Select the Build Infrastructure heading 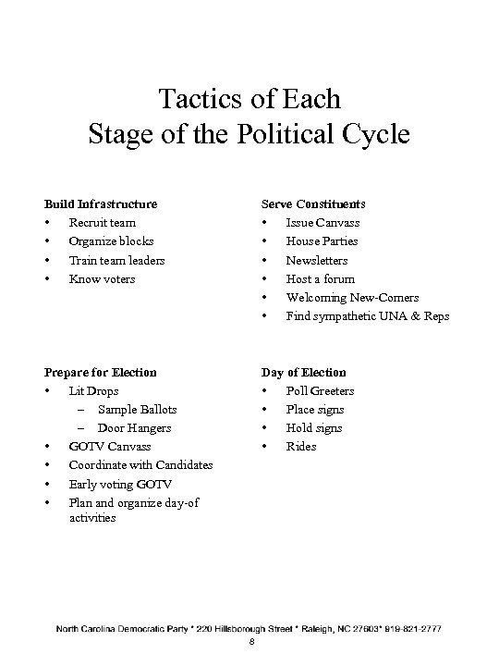click(101, 203)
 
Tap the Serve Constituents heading click(313, 203)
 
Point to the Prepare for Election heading click(101, 372)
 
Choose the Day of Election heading click(304, 372)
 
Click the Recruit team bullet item click(102, 223)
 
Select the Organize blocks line click(111, 241)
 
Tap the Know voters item click(102, 278)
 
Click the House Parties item click(322, 241)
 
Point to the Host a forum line click(320, 278)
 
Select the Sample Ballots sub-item click(137, 409)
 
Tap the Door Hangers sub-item click(134, 428)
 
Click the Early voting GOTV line click(120, 484)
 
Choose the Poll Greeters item click(320, 390)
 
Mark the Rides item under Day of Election click(301, 447)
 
